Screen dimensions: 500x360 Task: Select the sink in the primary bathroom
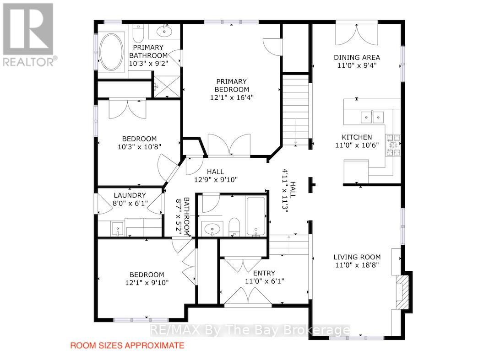tap(165, 31)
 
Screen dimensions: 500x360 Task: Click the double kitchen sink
tap(372, 117)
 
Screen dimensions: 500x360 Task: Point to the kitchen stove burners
tap(393, 145)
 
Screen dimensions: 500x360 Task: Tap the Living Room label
tap(357, 257)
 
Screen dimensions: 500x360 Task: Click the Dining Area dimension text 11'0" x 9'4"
tap(357, 65)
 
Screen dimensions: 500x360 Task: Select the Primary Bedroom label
tap(232, 86)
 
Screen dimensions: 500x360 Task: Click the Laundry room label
tap(130, 195)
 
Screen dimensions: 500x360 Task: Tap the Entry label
tap(264, 273)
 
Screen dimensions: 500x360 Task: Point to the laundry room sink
tap(118, 229)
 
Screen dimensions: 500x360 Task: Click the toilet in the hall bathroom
tap(234, 226)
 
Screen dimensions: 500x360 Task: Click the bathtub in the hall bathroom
tap(255, 217)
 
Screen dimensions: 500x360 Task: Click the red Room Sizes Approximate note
tap(127, 345)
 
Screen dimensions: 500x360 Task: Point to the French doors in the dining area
tap(357, 34)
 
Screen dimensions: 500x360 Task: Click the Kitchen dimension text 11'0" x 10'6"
tap(357, 145)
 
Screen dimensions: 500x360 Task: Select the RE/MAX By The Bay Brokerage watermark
tap(250, 330)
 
